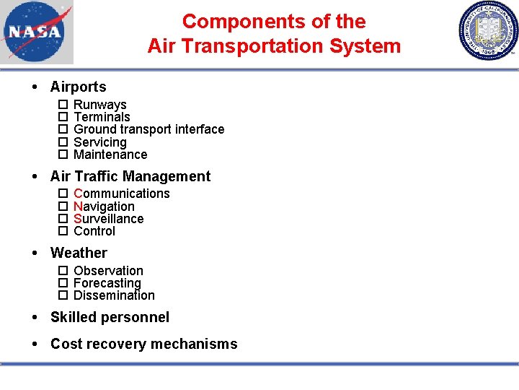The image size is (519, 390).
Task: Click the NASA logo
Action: click(37, 32)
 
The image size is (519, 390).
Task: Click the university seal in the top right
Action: click(487, 31)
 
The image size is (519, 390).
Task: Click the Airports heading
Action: click(78, 87)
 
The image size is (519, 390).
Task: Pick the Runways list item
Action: click(100, 105)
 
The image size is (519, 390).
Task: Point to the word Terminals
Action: click(102, 117)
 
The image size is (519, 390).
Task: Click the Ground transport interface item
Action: click(148, 129)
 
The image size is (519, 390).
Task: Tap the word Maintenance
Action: click(110, 155)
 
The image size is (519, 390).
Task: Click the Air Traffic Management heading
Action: click(130, 176)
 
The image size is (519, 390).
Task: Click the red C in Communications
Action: click(78, 194)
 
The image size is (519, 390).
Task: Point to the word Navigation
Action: click(104, 207)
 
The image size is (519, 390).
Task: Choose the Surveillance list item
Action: click(108, 219)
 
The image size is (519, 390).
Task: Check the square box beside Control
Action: click(63, 231)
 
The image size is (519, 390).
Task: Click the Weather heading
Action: click(79, 253)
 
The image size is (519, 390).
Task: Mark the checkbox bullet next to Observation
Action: click(63, 271)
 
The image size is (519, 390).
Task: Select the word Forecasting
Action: click(107, 283)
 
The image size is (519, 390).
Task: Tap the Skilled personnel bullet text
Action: click(110, 317)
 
